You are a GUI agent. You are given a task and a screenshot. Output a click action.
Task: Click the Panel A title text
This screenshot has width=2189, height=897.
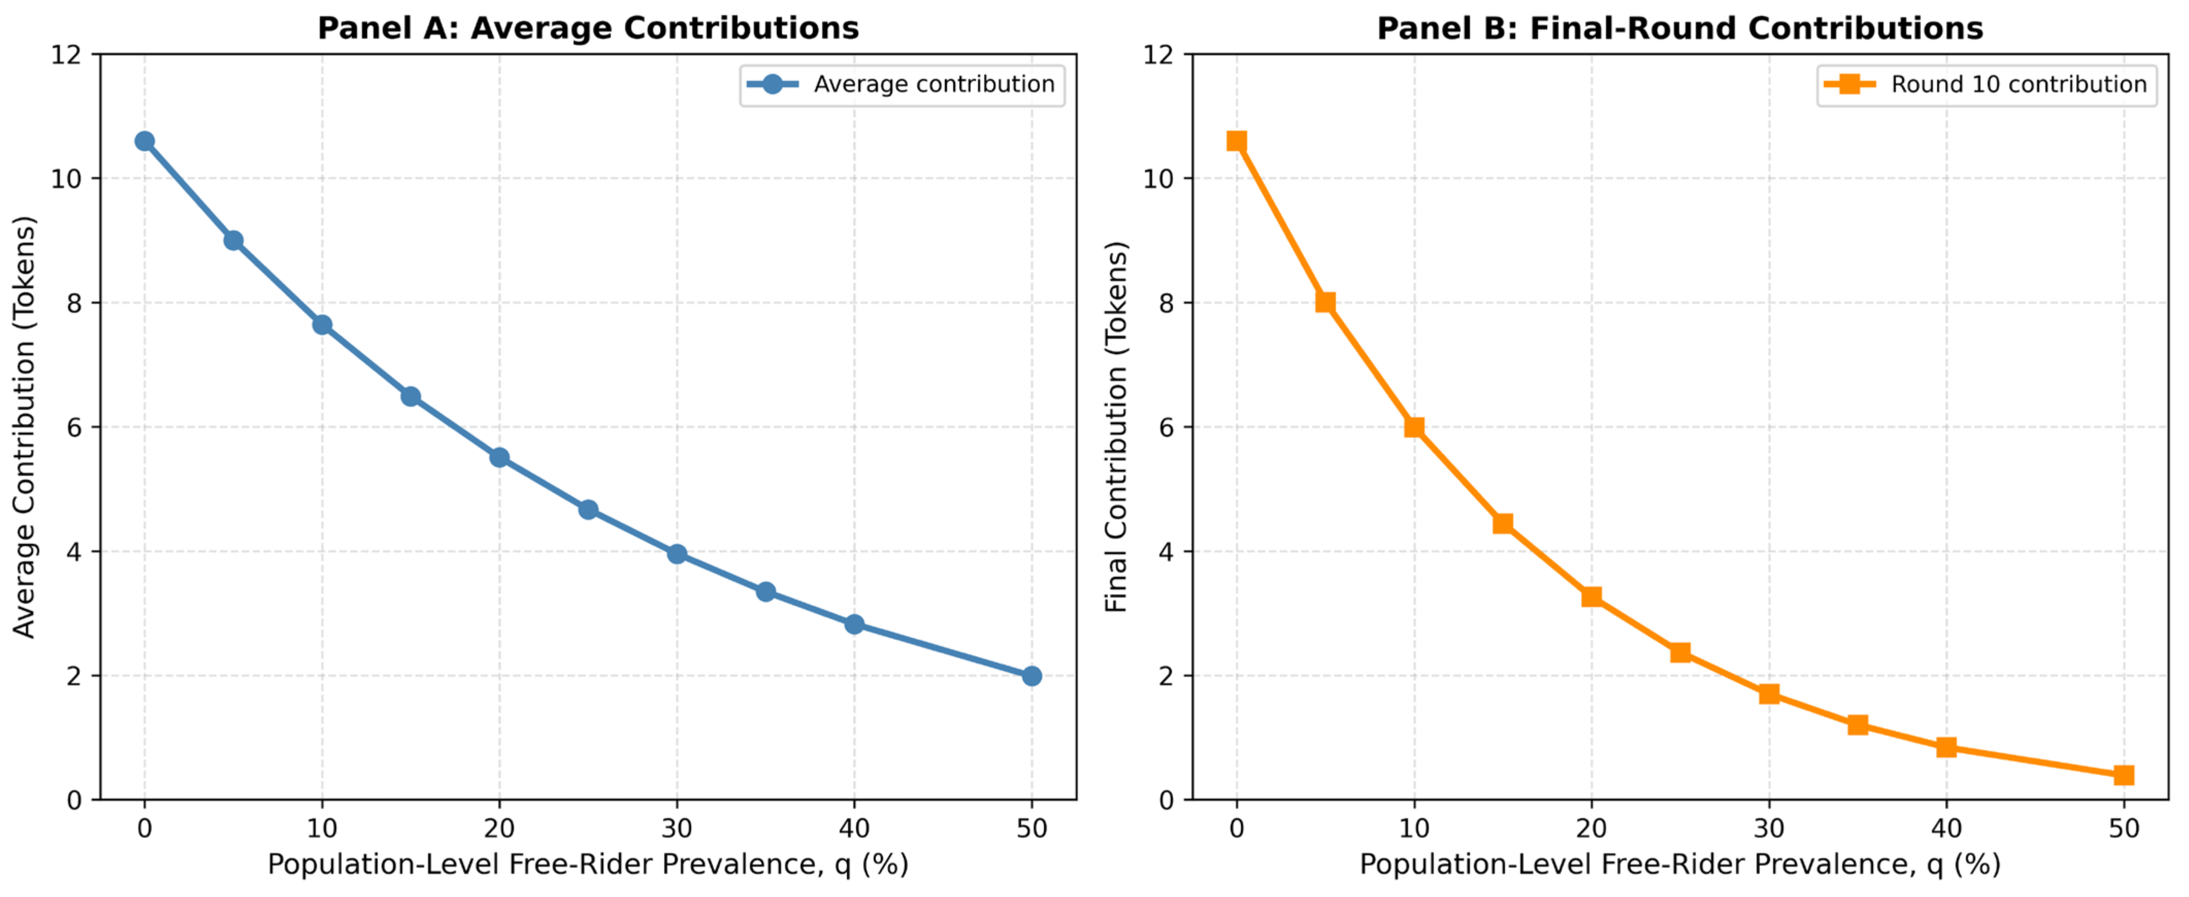[588, 28]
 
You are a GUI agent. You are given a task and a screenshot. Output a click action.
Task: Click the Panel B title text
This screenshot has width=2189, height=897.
[1680, 28]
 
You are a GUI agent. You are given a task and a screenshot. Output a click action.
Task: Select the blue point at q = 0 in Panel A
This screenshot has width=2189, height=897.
[144, 141]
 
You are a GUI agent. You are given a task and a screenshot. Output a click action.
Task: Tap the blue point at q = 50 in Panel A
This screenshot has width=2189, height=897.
[1032, 676]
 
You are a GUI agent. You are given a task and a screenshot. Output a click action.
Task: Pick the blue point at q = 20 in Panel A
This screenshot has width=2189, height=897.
[500, 458]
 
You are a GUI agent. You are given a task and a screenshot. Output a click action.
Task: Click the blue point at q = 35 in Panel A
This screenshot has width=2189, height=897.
[766, 592]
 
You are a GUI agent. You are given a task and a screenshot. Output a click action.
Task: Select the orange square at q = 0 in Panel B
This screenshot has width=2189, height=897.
[1237, 141]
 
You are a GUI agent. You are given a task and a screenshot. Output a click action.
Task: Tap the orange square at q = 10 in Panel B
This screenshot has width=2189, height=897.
[1414, 427]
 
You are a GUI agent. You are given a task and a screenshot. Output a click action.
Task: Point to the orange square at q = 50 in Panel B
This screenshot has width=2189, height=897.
[2123, 775]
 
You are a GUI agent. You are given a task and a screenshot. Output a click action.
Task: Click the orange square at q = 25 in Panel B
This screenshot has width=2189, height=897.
[1680, 652]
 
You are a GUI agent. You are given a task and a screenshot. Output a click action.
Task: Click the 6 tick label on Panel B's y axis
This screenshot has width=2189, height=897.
[1167, 427]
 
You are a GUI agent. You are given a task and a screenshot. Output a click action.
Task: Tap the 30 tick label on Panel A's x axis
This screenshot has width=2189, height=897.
[677, 828]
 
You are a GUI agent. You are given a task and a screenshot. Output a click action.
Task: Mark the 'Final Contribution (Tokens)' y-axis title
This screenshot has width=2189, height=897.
[1116, 427]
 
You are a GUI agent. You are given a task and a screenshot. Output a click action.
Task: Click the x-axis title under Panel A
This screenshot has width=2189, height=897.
[588, 865]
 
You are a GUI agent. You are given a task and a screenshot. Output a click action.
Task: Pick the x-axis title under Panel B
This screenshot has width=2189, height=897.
[1680, 865]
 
